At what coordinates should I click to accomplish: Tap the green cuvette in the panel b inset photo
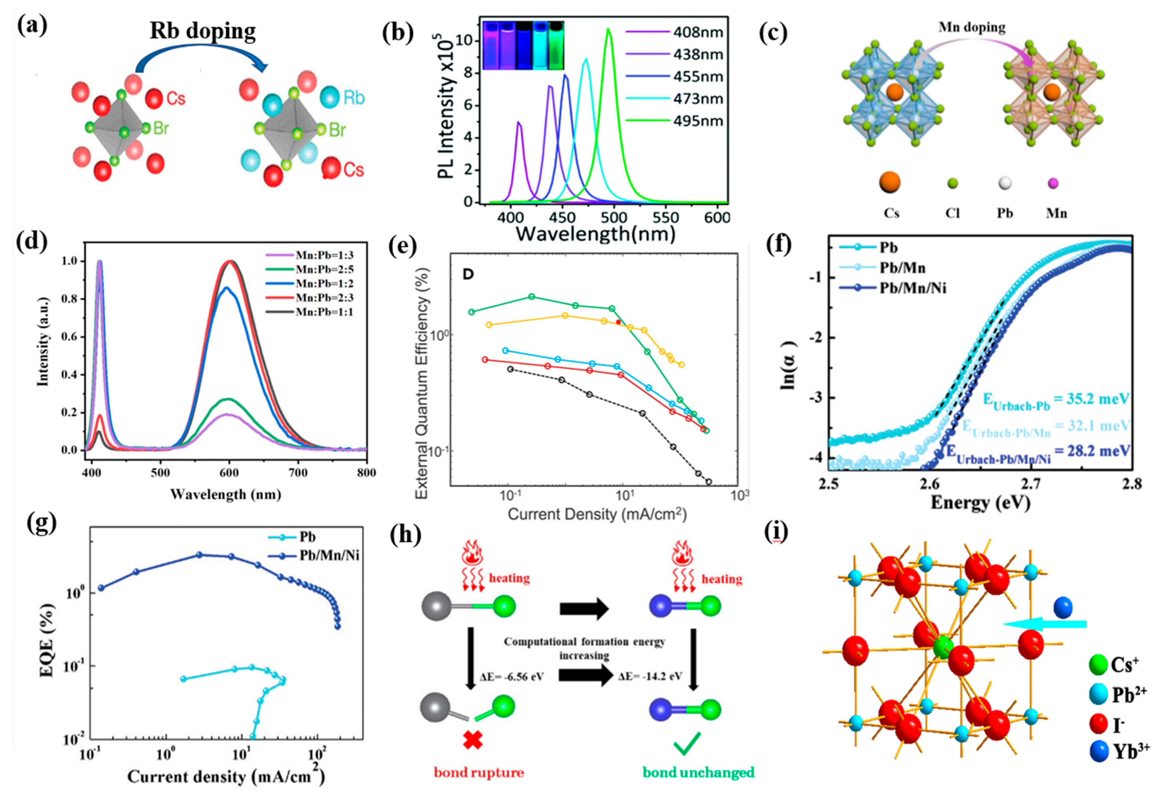(x=555, y=45)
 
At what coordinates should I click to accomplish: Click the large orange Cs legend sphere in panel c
(x=890, y=183)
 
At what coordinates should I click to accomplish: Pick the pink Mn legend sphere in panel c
(x=1053, y=184)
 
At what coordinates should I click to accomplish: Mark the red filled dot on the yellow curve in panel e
(x=619, y=322)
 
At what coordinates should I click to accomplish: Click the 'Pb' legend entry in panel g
(x=307, y=537)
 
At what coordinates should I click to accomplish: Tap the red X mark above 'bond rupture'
(x=473, y=740)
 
